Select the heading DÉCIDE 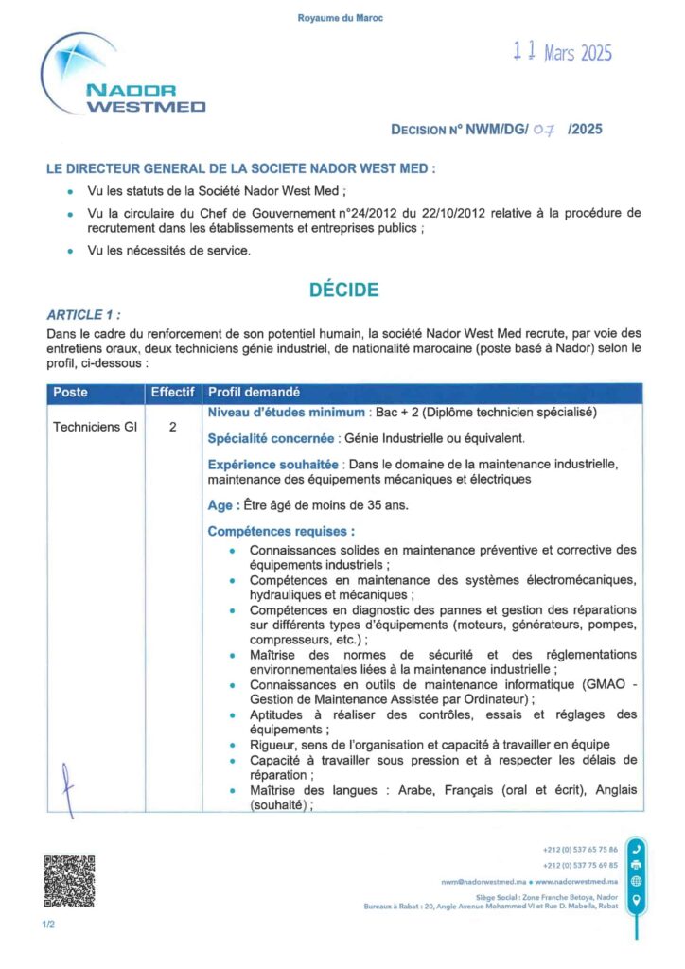(x=343, y=291)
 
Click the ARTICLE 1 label (x=83, y=315)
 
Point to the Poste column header (x=70, y=392)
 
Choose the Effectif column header (x=173, y=392)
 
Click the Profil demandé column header (x=254, y=392)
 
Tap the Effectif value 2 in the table (x=173, y=427)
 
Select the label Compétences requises (x=281, y=532)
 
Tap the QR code (x=69, y=882)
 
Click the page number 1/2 (x=48, y=924)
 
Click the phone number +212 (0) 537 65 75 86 (x=580, y=850)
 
